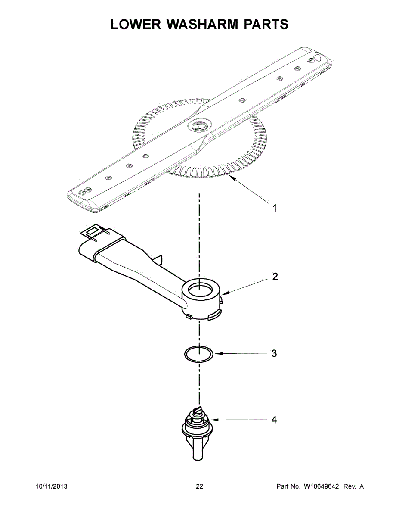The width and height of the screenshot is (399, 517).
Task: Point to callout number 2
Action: click(x=275, y=277)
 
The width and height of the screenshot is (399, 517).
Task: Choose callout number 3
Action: click(x=274, y=354)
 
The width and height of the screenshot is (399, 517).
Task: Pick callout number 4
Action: click(x=274, y=419)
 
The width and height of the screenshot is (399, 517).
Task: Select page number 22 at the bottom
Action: click(x=199, y=487)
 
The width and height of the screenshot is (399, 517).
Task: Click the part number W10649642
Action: click(x=322, y=487)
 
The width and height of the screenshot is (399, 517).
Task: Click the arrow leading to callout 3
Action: click(x=241, y=354)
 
